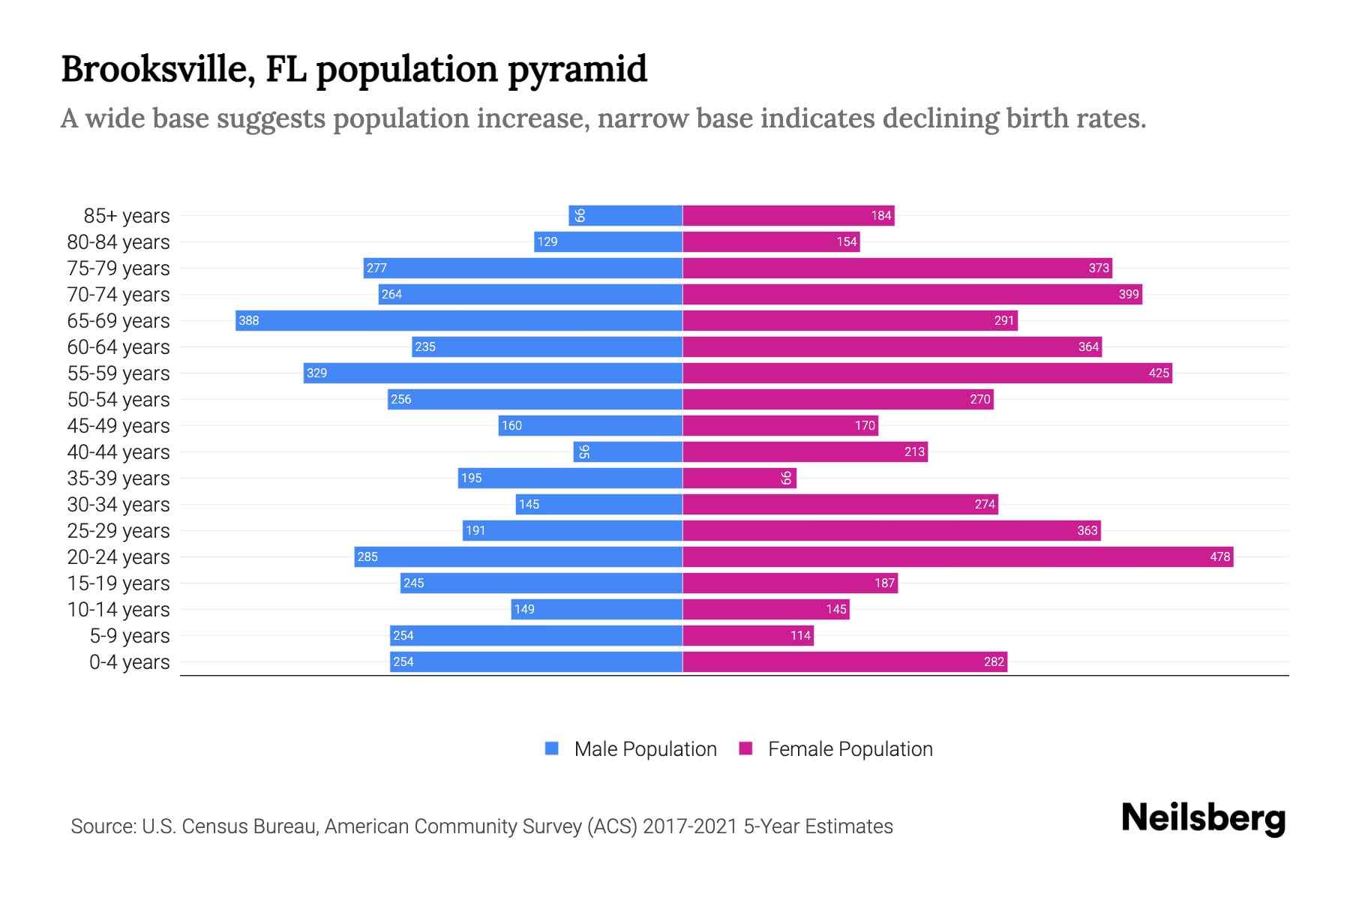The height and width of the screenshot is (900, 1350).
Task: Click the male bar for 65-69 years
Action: (458, 320)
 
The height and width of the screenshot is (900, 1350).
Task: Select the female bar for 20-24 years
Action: (957, 556)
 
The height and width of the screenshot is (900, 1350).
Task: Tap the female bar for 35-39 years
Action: (739, 478)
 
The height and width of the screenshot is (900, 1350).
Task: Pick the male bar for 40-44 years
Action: (628, 451)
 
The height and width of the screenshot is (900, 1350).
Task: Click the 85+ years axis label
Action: (127, 216)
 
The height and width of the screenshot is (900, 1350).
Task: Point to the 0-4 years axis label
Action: (129, 662)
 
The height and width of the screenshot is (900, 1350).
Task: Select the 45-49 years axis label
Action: (118, 426)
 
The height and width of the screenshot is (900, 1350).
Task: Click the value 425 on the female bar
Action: (1159, 373)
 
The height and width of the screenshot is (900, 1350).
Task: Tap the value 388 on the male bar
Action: (248, 320)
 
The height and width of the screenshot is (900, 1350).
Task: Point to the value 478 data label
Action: (1219, 556)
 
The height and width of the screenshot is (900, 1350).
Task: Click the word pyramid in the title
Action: (577, 69)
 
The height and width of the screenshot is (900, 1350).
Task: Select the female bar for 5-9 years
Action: (748, 635)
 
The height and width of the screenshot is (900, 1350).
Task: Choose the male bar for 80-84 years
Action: (607, 241)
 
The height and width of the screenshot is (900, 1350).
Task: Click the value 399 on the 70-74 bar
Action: (1128, 294)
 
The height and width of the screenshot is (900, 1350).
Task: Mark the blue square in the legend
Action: (552, 748)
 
